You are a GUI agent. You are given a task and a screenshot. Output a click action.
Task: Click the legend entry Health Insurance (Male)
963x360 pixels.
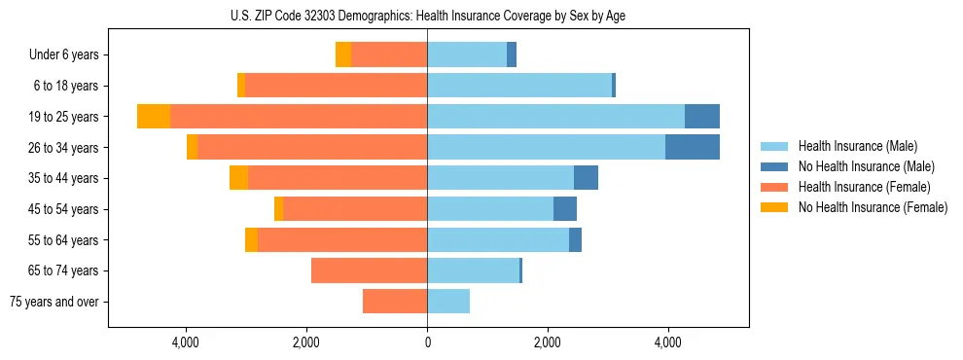click(857, 146)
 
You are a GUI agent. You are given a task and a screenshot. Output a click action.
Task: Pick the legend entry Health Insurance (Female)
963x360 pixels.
click(864, 187)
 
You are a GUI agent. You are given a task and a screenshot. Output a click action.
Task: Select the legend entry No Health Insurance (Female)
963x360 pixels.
click(873, 207)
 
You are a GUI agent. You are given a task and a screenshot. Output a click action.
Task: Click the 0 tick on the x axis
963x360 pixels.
click(427, 342)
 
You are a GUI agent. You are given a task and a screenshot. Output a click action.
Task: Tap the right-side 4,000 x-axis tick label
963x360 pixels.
click(668, 342)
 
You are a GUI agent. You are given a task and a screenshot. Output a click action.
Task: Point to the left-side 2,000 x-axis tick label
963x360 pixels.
click(306, 342)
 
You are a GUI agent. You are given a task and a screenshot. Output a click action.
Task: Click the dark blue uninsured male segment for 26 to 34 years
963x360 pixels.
click(693, 147)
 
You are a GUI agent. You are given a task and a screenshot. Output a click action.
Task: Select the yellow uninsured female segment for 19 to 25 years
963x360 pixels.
click(154, 116)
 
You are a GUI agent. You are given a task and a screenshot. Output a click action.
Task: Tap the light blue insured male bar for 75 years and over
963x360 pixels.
click(448, 302)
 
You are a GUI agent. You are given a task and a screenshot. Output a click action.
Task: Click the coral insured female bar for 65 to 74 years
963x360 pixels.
click(370, 270)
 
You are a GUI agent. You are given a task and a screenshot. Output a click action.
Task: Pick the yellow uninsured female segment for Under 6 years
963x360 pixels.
click(343, 54)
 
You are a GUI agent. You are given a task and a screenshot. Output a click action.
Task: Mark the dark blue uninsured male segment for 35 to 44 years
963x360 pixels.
click(586, 178)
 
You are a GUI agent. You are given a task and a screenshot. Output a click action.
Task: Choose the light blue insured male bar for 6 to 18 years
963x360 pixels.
click(519, 86)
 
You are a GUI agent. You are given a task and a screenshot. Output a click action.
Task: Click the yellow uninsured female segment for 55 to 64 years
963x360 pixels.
click(251, 239)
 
